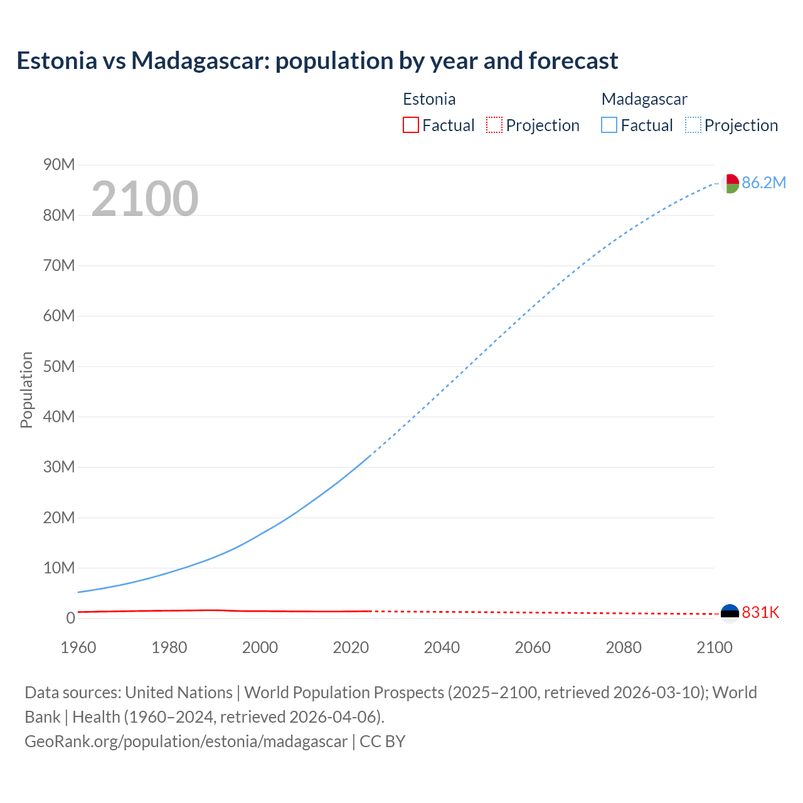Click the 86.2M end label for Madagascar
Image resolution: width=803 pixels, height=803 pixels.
tap(763, 183)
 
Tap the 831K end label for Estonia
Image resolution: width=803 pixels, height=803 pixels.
tap(760, 612)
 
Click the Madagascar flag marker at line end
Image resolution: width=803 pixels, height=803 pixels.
tap(730, 183)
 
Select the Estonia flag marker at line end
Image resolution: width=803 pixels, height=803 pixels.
tap(730, 613)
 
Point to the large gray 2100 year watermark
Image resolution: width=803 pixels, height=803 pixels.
tap(145, 199)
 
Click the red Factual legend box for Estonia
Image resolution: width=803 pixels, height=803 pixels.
tap(410, 125)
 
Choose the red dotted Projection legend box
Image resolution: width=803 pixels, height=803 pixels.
tap(494, 125)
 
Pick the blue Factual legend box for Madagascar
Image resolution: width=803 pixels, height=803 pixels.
tap(609, 125)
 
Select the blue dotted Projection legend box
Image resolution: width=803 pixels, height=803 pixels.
tap(693, 125)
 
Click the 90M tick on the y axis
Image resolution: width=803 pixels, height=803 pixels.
tap(59, 165)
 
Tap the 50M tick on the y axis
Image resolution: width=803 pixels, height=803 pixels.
tap(59, 366)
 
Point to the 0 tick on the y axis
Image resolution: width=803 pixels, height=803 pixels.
tap(70, 618)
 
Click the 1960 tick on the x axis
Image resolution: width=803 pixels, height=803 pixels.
tap(78, 647)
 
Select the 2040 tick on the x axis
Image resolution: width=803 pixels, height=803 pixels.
tap(442, 647)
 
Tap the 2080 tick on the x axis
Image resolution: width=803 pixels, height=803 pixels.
tap(624, 647)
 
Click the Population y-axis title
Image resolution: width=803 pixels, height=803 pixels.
tap(26, 390)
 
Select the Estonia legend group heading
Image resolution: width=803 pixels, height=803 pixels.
tap(429, 99)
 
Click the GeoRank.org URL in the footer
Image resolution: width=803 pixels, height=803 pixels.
tap(186, 742)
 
